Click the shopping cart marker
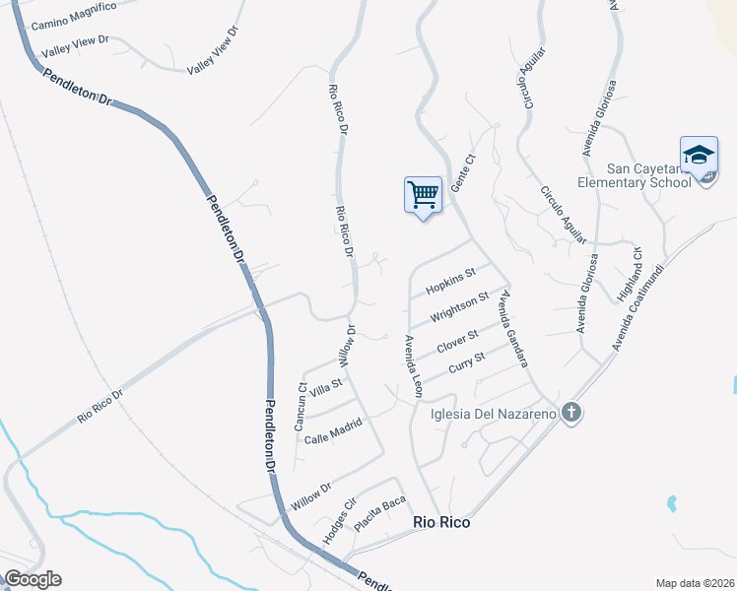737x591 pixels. tap(423, 195)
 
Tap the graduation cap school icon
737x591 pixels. tap(699, 156)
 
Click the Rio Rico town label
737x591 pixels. tap(440, 523)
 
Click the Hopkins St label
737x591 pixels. tap(450, 281)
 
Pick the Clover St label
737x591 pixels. tap(457, 342)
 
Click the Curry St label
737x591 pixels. tap(466, 363)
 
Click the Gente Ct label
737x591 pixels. tap(457, 175)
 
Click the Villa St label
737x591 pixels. tap(325, 389)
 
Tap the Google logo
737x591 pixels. tap(33, 579)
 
